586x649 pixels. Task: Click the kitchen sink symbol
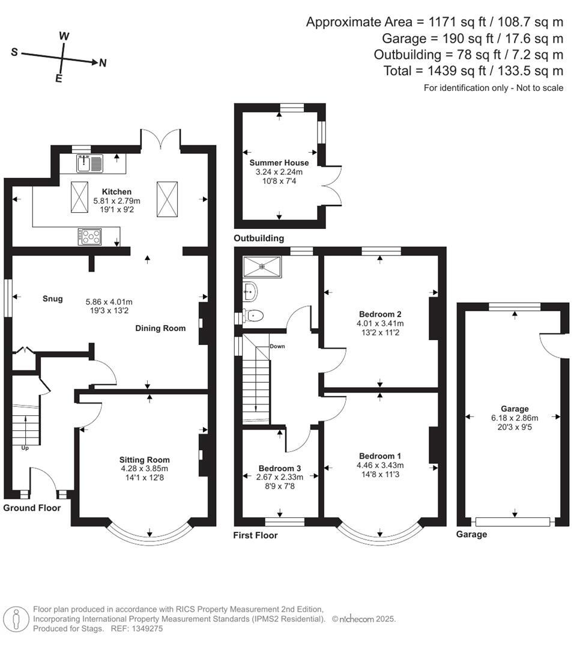click(89, 163)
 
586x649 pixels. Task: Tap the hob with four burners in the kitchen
click(89, 237)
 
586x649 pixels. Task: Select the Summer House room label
click(279, 163)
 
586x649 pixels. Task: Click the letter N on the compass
click(103, 63)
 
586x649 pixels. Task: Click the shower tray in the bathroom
click(262, 264)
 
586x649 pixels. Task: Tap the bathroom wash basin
click(251, 291)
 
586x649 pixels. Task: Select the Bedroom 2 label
click(380, 314)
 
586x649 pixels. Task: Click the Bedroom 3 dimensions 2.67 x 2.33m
click(280, 477)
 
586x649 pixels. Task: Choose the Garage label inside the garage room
click(513, 409)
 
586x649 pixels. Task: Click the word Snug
click(52, 298)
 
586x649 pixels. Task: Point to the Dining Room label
click(160, 328)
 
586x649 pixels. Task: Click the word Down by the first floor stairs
click(277, 347)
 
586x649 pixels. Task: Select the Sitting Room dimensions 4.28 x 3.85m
click(144, 469)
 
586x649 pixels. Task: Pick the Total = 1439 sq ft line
click(473, 71)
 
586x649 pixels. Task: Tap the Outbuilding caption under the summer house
click(259, 239)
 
